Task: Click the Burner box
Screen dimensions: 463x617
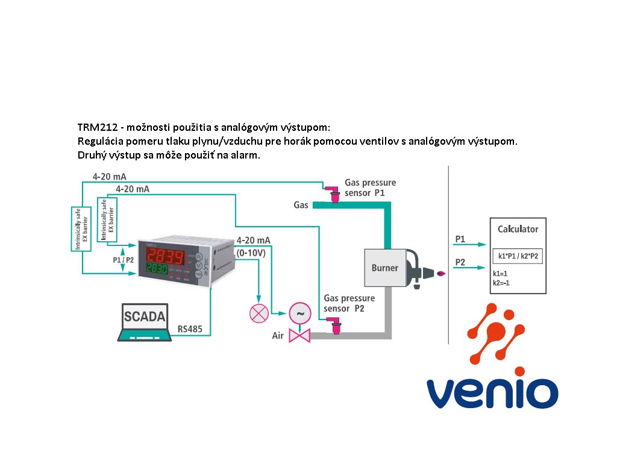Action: point(384,268)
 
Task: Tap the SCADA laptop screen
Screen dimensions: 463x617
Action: point(145,317)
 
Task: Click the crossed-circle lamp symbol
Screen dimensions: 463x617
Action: point(259,313)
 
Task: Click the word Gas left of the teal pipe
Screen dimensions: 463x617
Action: point(301,205)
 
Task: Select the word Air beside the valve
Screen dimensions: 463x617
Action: point(278,336)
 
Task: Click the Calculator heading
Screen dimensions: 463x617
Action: point(518,229)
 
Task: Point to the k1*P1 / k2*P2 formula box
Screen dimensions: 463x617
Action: point(518,256)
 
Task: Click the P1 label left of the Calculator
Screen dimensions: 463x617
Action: point(460,239)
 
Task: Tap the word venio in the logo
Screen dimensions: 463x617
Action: point(492,392)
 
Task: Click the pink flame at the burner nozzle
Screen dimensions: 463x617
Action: point(442,274)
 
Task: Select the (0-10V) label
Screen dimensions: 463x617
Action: point(252,252)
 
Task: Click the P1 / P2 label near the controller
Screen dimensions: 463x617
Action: point(124,260)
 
